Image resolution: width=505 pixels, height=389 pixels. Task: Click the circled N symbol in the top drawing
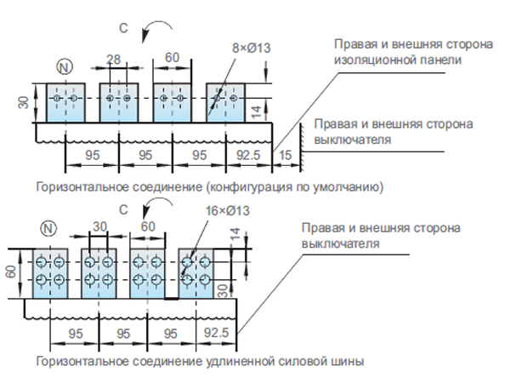pos(65,67)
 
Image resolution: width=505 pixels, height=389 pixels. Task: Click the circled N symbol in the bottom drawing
pos(48,228)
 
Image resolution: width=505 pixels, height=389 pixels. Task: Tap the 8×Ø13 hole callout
pos(252,48)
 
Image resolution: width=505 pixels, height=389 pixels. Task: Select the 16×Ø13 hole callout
pos(228,211)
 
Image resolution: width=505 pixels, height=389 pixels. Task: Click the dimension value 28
pos(113,60)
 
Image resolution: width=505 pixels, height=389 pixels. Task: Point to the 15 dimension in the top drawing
pos(285,155)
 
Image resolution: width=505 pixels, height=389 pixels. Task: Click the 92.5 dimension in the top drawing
pos(248,155)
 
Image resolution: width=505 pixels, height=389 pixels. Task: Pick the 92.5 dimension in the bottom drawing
pos(216,333)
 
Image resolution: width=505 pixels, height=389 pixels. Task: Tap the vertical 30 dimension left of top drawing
pos(24,102)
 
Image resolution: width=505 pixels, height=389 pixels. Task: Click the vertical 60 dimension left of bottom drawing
pos(11,272)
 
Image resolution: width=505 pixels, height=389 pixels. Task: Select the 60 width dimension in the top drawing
pos(172,58)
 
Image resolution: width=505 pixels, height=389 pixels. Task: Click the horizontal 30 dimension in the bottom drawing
pos(99,226)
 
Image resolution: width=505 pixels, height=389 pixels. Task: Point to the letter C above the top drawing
pos(123,28)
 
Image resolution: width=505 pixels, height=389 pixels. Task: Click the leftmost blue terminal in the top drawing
pos(65,103)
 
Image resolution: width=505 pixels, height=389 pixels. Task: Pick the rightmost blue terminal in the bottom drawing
pos(196,273)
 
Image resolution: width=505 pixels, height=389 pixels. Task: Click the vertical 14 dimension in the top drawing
pos(257,112)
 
